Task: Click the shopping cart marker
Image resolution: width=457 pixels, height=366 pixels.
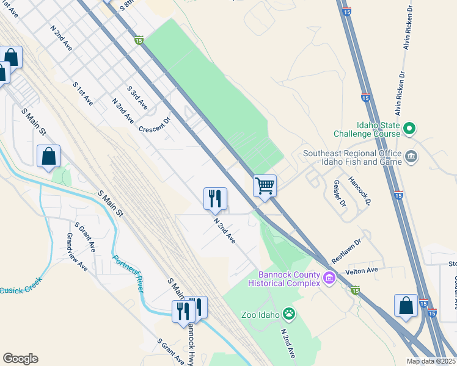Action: tap(265, 185)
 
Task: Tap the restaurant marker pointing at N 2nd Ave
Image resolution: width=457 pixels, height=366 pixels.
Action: tap(215, 198)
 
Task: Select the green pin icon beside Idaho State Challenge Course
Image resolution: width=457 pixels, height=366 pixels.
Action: tap(411, 129)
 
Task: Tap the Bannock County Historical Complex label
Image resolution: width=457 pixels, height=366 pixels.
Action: tap(285, 279)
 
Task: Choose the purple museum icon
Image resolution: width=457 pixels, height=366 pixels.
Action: tap(330, 279)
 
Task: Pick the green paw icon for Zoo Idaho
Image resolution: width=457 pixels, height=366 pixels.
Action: tap(288, 315)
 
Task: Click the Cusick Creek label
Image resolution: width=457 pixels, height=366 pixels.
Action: tap(21, 289)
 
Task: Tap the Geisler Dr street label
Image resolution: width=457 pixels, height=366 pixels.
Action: tap(340, 193)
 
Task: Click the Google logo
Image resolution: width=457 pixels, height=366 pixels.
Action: tap(20, 359)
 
